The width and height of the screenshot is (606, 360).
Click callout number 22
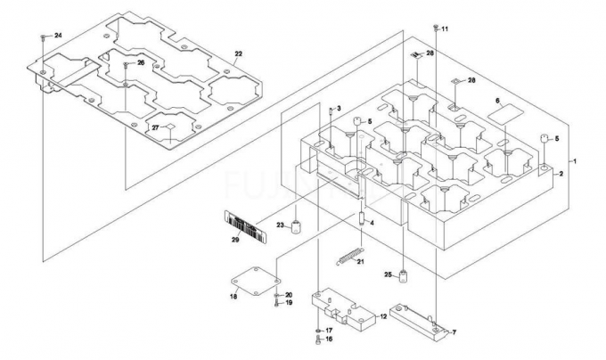[x=238, y=54]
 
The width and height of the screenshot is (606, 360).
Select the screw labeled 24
[x=44, y=37]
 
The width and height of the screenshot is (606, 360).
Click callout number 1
[x=575, y=160]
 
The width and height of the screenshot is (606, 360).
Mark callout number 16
[x=328, y=340]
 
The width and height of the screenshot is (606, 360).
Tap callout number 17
[x=328, y=331]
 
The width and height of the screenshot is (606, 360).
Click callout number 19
[x=289, y=303]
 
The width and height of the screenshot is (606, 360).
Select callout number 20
[x=289, y=295]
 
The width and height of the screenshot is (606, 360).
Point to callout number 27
[x=154, y=127]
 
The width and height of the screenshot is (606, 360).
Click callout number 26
[x=140, y=63]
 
